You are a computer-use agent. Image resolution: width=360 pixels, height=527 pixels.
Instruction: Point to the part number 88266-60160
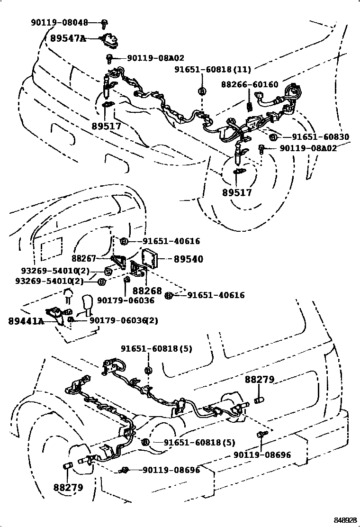click(250, 85)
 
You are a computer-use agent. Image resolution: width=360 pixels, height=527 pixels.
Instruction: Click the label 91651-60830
click(320, 137)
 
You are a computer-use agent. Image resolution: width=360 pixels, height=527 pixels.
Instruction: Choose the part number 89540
click(189, 259)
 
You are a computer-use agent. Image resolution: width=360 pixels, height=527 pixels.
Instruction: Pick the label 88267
click(84, 259)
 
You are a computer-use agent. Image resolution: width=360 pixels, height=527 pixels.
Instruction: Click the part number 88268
click(147, 291)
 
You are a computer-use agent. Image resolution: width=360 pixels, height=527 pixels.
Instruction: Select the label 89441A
click(26, 321)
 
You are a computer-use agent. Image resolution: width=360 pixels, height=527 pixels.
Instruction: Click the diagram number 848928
click(343, 520)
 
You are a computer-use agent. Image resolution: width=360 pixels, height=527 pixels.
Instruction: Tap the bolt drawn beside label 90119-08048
click(105, 22)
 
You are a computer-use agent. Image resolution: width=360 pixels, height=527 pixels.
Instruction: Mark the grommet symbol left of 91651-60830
click(272, 137)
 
